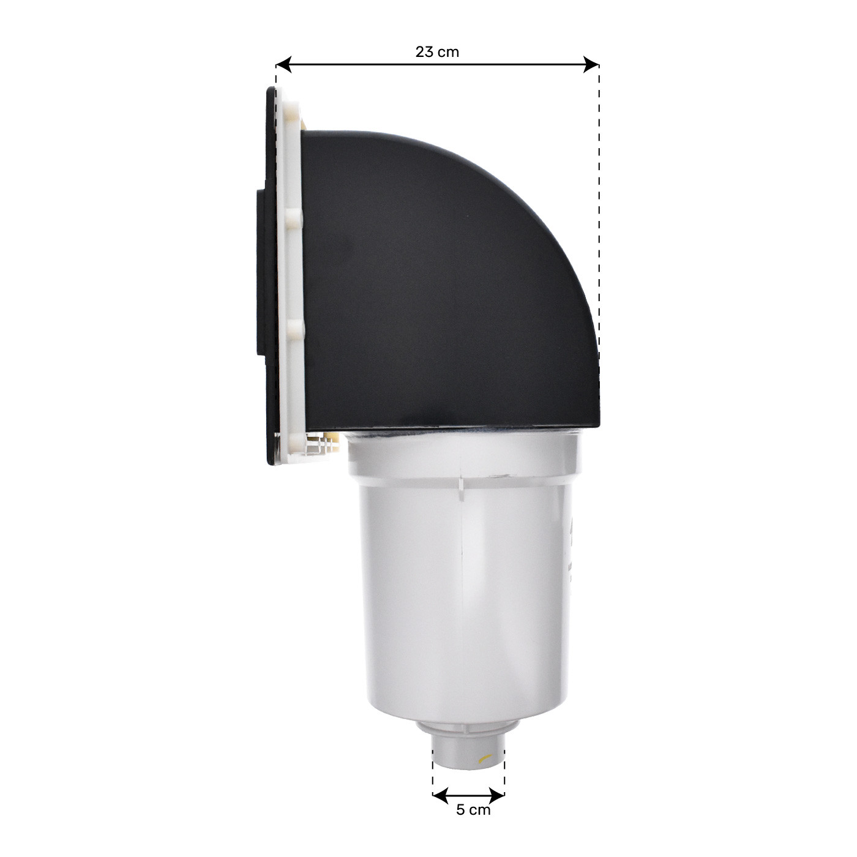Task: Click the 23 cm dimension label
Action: coord(437,52)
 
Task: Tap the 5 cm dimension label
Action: coord(473,810)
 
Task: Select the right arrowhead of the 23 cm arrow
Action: coord(592,64)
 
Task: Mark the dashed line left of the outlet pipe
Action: coord(433,765)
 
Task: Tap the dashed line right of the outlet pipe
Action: coord(504,765)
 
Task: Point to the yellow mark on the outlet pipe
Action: coord(483,759)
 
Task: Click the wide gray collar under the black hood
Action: coord(462,456)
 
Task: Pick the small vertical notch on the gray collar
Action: coord(460,484)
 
